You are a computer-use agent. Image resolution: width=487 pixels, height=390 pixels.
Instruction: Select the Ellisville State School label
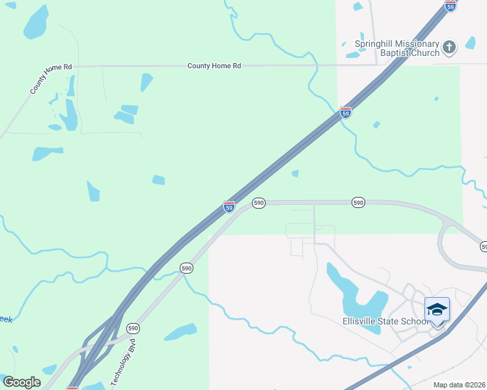385,321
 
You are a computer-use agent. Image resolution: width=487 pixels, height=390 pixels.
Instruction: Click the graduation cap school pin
437,309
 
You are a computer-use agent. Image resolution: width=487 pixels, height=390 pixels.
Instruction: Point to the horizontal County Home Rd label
214,66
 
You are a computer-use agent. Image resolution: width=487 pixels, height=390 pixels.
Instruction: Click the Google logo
22,382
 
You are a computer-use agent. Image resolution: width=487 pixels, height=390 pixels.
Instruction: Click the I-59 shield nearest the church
451,5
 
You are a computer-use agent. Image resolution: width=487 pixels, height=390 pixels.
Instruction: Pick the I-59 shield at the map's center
229,207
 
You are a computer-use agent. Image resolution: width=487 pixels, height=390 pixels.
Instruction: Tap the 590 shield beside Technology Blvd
133,328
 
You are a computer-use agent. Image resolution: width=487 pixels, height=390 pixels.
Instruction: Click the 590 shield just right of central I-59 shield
258,203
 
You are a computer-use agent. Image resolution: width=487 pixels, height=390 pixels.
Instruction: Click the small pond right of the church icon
469,44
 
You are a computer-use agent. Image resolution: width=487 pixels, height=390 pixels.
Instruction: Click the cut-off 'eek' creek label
5,319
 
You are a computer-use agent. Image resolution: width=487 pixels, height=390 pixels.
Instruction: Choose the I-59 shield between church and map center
346,112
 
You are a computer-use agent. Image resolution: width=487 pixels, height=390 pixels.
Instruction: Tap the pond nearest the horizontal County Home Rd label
146,82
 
